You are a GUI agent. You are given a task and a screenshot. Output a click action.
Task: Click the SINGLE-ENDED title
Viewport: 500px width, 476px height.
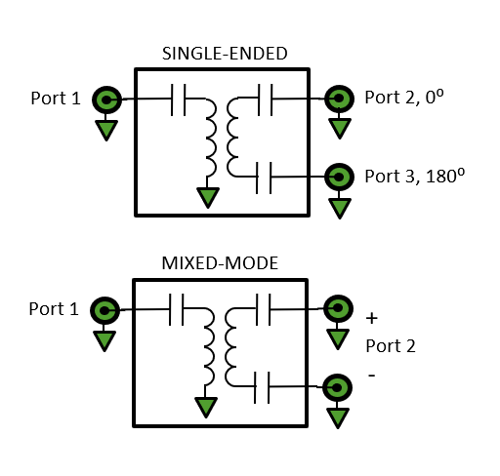click(x=225, y=54)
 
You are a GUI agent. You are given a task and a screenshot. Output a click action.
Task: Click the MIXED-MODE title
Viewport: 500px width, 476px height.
click(x=220, y=263)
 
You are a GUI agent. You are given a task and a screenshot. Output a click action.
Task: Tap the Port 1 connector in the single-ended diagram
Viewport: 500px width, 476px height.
click(x=106, y=99)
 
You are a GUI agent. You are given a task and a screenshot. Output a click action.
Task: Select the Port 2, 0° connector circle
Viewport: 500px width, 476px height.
click(x=339, y=99)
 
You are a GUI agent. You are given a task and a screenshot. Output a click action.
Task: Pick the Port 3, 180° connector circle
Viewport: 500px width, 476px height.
click(x=339, y=177)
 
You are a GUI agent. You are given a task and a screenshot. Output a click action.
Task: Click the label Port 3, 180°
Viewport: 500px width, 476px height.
click(x=415, y=177)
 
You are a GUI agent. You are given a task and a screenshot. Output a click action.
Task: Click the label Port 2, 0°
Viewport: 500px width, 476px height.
click(x=404, y=98)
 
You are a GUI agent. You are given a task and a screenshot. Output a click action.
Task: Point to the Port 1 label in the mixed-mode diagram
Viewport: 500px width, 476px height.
click(x=54, y=309)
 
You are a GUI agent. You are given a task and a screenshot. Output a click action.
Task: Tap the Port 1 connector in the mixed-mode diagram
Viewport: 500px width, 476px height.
click(x=104, y=310)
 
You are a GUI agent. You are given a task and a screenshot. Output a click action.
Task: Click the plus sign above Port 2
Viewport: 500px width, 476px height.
click(x=372, y=318)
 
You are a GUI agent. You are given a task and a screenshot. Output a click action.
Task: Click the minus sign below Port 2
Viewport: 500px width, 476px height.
click(x=372, y=376)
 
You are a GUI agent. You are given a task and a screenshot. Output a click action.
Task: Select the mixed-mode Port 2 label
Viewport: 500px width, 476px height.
click(x=391, y=345)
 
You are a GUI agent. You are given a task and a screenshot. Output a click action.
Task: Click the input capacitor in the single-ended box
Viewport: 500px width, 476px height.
click(x=179, y=99)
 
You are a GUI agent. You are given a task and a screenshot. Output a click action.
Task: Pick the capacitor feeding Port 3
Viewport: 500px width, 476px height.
click(x=264, y=178)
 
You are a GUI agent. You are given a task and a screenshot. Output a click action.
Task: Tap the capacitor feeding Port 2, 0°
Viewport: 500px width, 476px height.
click(x=266, y=99)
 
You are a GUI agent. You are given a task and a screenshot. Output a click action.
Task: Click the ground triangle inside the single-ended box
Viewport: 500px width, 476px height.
click(x=208, y=197)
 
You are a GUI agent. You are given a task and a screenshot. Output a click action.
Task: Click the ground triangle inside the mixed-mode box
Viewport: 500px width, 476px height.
click(x=206, y=407)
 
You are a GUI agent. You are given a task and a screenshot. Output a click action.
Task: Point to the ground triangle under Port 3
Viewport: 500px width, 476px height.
click(x=340, y=208)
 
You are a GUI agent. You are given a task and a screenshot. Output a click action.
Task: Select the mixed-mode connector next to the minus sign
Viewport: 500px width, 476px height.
click(x=337, y=387)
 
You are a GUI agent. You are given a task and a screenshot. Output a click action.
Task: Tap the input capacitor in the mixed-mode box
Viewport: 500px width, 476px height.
click(x=177, y=309)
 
